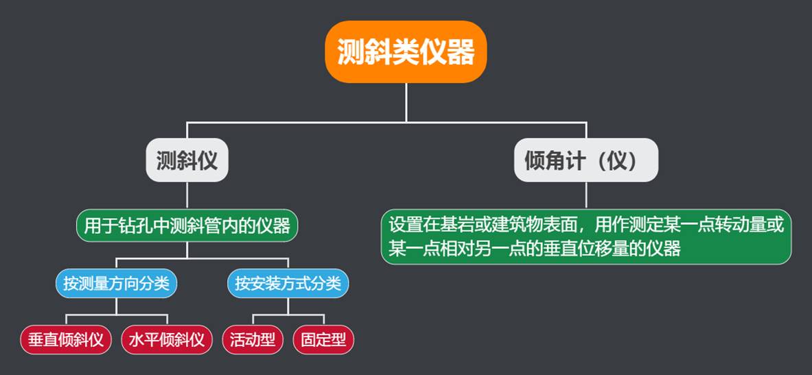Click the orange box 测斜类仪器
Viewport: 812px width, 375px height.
tap(406, 51)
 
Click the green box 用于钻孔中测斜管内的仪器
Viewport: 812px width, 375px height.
tap(187, 226)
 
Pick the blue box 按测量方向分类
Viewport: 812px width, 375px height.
tap(116, 283)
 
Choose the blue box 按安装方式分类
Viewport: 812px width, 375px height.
tap(288, 283)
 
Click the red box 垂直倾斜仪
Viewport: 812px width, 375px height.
tap(66, 339)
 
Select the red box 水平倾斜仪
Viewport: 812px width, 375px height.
tap(167, 339)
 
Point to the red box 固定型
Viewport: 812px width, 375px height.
tap(323, 339)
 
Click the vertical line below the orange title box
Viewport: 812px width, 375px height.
tap(406, 103)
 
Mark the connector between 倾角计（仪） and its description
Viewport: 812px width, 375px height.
tap(586, 195)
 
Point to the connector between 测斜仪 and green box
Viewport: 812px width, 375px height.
tap(187, 195)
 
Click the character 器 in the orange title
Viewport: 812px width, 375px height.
tap(461, 51)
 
